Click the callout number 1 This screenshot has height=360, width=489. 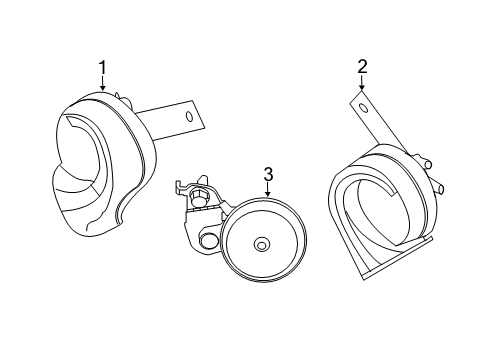102,67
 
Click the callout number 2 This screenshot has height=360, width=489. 362,66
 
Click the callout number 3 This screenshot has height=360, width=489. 268,174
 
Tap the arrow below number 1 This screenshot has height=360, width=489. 102,83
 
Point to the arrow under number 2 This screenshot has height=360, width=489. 362,83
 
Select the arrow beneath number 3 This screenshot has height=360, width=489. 267,190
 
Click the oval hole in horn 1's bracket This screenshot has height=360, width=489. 189,117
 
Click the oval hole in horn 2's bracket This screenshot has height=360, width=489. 363,108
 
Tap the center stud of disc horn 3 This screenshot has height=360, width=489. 262,245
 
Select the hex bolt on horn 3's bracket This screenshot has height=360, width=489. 198,197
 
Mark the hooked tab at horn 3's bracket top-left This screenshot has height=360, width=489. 180,188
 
